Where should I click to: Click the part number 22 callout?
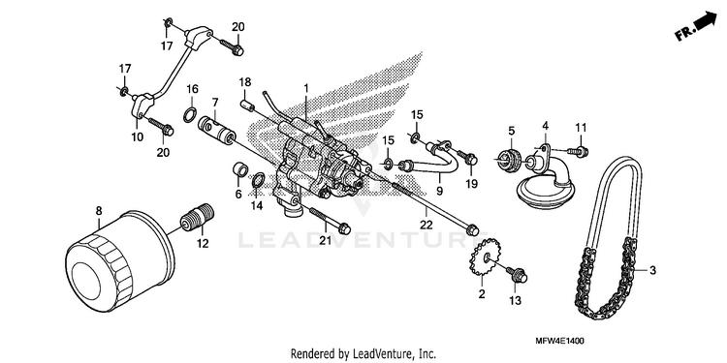click(427, 225)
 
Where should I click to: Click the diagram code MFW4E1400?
click(559, 342)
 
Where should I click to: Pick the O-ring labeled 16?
click(190, 114)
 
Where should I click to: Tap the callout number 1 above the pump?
click(305, 88)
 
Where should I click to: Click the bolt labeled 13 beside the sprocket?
click(516, 274)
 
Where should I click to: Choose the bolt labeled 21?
click(330, 221)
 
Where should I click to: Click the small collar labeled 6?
click(240, 170)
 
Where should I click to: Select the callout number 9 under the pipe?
click(439, 191)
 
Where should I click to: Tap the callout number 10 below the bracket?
click(138, 137)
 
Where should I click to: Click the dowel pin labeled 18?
click(247, 105)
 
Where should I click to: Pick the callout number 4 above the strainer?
click(545, 126)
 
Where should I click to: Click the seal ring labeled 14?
click(259, 182)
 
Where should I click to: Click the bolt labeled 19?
click(467, 158)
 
